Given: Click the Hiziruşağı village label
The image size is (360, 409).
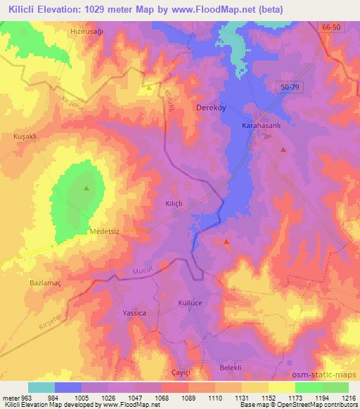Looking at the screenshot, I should coord(86,32).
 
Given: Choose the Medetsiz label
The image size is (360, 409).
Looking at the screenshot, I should coord(105,231).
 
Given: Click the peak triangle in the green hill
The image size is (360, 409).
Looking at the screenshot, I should coord(86,188).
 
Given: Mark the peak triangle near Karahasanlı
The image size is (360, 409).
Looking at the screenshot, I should coord(283,149).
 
